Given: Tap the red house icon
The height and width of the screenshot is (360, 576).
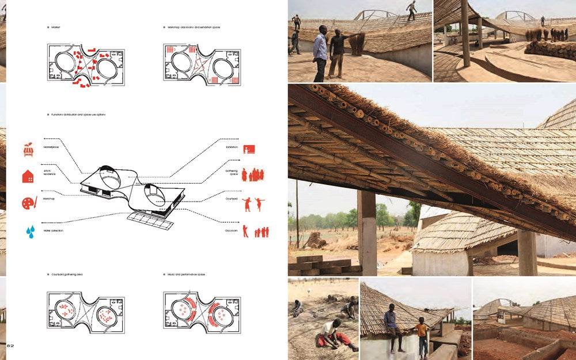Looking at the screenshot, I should (28, 176).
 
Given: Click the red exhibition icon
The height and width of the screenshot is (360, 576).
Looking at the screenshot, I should (249, 149).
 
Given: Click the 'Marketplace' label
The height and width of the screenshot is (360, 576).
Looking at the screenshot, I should (51, 147).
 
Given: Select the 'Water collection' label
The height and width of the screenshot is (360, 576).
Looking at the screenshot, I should (53, 230).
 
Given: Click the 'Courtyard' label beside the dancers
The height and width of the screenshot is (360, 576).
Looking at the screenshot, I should (232, 198).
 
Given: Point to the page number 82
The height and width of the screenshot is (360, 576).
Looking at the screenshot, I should (10, 344).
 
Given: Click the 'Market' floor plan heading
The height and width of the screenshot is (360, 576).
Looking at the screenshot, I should (55, 27).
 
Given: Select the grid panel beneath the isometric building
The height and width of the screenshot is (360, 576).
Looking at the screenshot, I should (150, 219).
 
